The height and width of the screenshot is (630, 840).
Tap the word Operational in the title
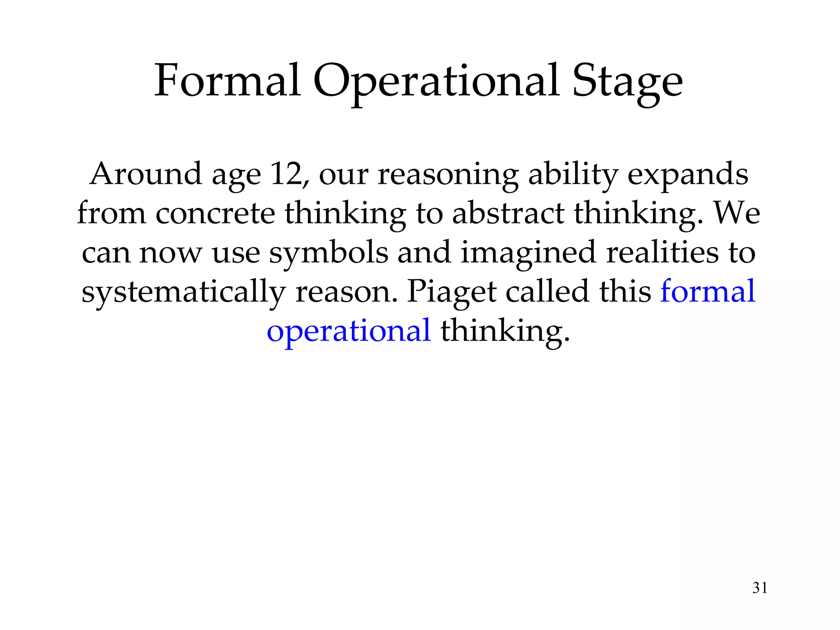pos(436,81)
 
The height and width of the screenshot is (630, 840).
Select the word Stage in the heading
pos(627,81)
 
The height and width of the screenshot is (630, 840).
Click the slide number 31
pos(760,588)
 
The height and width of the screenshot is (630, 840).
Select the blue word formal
pos(708,291)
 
